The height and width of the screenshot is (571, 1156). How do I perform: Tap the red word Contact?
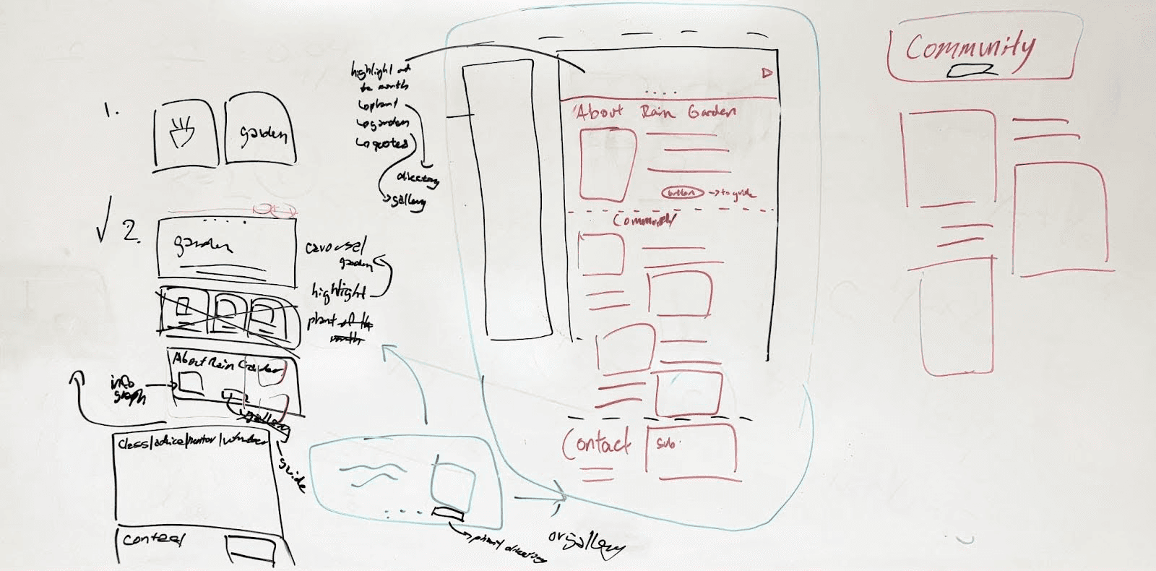tap(596, 442)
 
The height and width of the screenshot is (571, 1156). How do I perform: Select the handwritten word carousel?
tap(335, 246)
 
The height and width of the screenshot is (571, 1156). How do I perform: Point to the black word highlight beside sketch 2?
tap(338, 291)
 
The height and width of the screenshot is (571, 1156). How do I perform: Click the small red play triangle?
tap(767, 72)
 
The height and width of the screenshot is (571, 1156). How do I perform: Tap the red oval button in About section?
tap(682, 193)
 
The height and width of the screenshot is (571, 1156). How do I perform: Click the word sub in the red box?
tap(665, 443)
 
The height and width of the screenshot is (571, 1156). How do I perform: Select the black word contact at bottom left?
tap(153, 539)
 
